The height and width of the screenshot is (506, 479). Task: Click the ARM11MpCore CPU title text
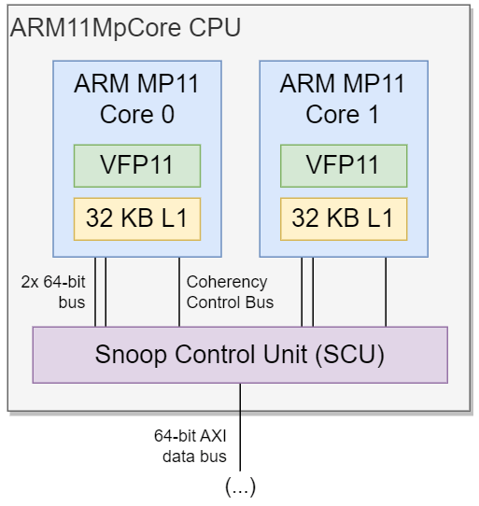(125, 28)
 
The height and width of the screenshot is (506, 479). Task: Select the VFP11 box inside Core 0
(137, 166)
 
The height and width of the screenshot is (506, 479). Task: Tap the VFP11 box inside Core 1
(344, 166)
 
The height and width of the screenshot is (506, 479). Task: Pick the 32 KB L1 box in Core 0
(137, 219)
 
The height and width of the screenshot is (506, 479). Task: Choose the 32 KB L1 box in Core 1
(344, 219)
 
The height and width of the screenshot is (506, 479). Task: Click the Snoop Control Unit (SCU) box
(240, 355)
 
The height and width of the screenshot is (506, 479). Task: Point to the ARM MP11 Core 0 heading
(137, 99)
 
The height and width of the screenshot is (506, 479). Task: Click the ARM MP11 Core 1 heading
(343, 99)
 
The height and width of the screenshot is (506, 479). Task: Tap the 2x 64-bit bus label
(53, 292)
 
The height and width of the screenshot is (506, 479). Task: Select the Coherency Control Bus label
(230, 292)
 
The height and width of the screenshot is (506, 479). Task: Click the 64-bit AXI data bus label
(190, 446)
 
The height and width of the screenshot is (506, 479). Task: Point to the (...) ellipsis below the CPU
(241, 486)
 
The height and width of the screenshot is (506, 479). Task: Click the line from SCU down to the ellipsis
(240, 427)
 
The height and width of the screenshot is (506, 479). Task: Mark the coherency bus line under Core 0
(179, 292)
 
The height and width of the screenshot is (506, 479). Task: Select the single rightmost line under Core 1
(386, 292)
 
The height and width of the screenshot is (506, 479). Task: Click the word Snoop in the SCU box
(131, 355)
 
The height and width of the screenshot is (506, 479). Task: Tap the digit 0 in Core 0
(168, 115)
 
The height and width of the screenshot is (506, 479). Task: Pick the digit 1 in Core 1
(373, 115)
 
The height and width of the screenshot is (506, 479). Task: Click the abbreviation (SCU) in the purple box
(350, 355)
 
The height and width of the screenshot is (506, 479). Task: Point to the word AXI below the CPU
(213, 436)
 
